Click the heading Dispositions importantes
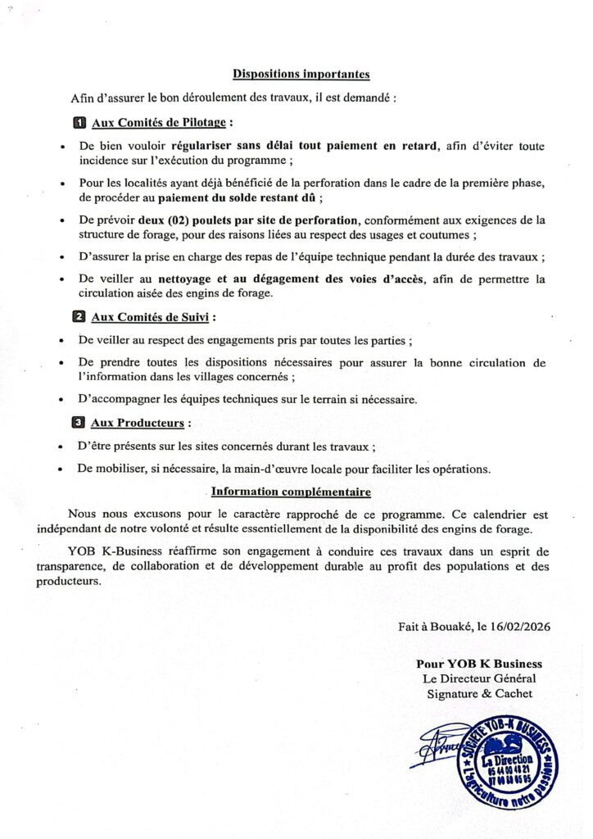(301, 75)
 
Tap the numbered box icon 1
(79, 123)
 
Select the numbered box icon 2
(79, 316)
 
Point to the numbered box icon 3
(79, 424)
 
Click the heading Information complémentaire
(291, 492)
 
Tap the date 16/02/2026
(520, 626)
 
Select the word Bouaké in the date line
(453, 626)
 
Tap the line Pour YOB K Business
(479, 664)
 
